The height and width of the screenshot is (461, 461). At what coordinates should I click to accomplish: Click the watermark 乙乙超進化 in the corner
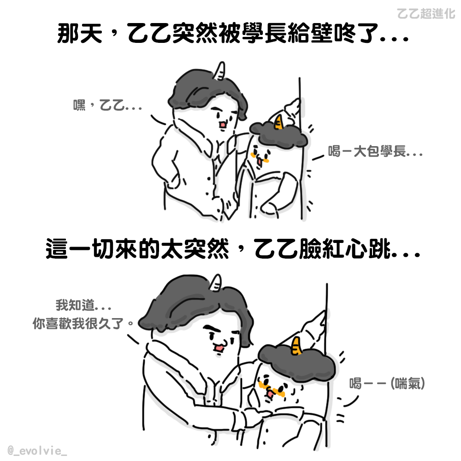click(426, 13)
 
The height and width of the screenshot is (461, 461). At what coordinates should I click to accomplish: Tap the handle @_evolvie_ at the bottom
click(37, 450)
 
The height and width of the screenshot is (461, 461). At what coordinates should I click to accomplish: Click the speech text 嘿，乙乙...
click(107, 105)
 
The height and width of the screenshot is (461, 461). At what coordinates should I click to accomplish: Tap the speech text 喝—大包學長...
click(375, 151)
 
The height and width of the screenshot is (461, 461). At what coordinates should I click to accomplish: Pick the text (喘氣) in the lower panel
click(408, 384)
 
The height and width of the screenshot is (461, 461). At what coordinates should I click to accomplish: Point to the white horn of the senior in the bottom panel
click(215, 284)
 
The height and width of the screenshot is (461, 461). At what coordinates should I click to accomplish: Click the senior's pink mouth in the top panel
click(223, 125)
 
